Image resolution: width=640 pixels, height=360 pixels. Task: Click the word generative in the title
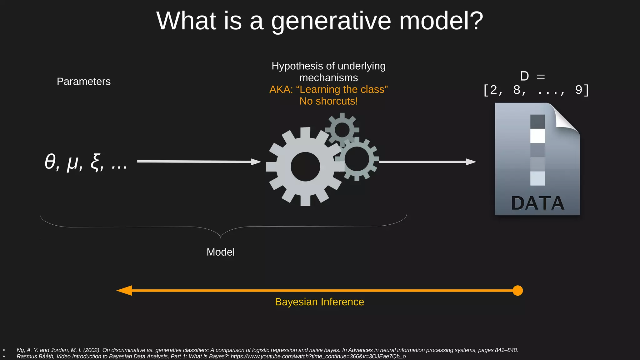[x=331, y=21]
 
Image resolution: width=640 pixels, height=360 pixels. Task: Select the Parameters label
[x=83, y=82]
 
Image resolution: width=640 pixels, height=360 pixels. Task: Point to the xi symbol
[x=96, y=162]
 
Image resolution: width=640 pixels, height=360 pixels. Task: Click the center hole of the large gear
[x=305, y=167]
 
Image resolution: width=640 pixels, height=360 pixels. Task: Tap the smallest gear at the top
[x=342, y=129]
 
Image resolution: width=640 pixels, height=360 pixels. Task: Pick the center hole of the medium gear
[x=357, y=159]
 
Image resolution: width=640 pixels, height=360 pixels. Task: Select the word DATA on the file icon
[x=537, y=203]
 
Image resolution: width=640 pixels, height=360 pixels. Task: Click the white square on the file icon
[x=537, y=136]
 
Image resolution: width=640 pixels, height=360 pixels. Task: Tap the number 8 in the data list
[x=517, y=90]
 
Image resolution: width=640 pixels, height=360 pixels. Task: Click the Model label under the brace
[x=220, y=252]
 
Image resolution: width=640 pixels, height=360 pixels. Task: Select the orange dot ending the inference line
[x=517, y=291]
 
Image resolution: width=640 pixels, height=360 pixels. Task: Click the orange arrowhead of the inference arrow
[x=125, y=291]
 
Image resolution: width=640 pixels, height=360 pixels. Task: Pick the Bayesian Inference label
[x=319, y=302]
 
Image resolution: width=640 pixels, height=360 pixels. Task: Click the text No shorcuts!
[x=328, y=101]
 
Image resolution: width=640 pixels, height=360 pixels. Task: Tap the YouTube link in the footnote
[x=318, y=357]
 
